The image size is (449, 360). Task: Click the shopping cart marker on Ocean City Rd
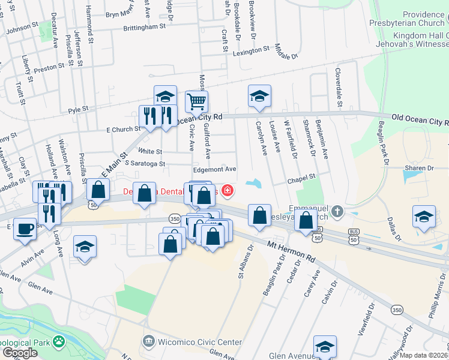196,102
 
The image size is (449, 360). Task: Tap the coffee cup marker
25,229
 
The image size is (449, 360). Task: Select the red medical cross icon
227,191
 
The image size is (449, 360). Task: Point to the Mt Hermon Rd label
291,251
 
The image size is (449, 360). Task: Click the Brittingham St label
144,27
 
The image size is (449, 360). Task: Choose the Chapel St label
301,178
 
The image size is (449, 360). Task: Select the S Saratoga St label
145,163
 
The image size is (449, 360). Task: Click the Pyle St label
78,110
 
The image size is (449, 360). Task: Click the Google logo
20,353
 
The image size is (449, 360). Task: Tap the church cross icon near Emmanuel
338,211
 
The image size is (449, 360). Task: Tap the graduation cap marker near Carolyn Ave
259,96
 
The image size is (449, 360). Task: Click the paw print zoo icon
58,342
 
